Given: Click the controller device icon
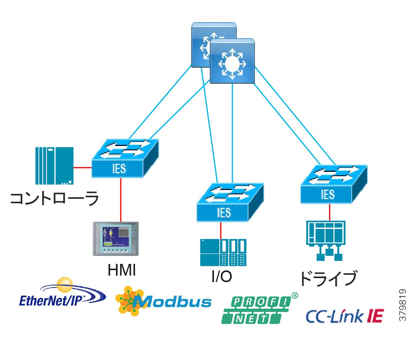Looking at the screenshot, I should tap(54, 166).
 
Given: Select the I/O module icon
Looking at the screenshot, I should tap(223, 252).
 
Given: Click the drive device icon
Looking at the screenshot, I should tap(325, 240).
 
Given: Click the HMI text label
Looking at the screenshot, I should tap(122, 270).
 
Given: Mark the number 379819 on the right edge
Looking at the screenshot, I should tap(403, 305).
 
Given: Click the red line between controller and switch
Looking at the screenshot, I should tap(83, 168).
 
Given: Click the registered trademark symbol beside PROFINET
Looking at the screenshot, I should tap(295, 296).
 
